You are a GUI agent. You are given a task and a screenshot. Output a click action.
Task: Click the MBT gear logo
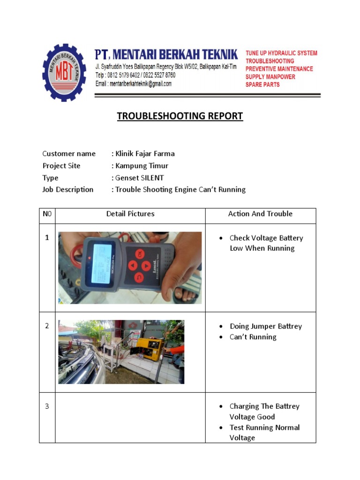[64, 72]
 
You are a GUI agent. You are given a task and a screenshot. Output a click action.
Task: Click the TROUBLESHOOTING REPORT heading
[180, 116]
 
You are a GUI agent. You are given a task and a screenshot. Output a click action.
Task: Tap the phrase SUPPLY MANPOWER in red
[270, 77]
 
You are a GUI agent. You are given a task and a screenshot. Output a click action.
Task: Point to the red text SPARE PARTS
[262, 85]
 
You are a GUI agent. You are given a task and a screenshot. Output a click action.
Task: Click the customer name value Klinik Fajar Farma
[145, 154]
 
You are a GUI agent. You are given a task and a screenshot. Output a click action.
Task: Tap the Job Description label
[68, 190]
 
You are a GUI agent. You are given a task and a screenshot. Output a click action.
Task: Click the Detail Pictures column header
[130, 214]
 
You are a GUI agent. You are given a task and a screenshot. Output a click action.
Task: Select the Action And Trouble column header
[260, 214]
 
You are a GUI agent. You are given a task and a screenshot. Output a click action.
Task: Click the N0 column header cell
[47, 214]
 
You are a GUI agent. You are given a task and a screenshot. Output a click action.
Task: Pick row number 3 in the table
[47, 406]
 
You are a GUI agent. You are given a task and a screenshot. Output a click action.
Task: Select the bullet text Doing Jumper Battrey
[266, 326]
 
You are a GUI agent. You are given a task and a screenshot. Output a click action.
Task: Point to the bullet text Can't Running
[253, 337]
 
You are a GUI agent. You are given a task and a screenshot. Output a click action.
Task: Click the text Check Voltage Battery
[266, 238]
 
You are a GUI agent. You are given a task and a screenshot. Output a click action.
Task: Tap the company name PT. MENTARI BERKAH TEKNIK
[166, 55]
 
